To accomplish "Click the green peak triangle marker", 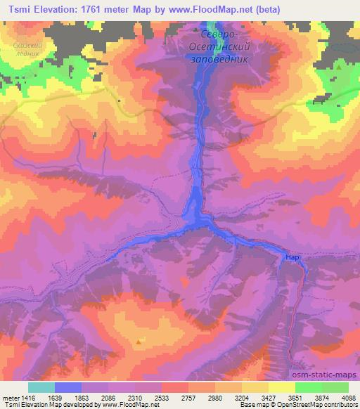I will [339, 67].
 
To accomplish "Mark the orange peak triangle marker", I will [141, 342].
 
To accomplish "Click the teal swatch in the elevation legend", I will [41, 387].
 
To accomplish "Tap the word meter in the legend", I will [8, 397].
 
